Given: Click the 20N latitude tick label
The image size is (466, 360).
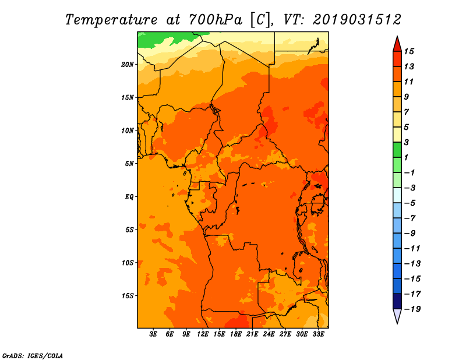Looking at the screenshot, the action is [x=128, y=65].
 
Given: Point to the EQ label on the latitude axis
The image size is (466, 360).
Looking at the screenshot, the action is [x=129, y=197].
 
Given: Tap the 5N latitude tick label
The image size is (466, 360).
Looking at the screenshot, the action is [x=129, y=164].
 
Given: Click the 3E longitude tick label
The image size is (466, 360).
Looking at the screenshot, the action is [x=153, y=334].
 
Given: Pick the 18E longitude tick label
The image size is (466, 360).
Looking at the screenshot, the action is [x=236, y=334].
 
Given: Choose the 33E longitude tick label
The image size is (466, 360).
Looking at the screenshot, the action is [x=318, y=334].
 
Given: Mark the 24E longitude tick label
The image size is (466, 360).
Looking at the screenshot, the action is [x=269, y=334].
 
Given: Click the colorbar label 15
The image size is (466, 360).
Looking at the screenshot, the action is [x=409, y=51].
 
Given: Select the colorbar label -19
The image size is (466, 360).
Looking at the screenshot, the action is [x=412, y=309].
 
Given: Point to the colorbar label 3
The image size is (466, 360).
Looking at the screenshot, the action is [x=407, y=142].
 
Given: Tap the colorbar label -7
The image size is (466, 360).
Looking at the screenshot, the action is [x=410, y=218].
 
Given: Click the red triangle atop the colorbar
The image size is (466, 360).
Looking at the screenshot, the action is [x=397, y=44].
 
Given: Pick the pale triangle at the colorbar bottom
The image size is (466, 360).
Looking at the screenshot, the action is [x=397, y=316].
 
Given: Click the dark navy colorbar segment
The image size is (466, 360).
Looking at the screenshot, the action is [x=397, y=301].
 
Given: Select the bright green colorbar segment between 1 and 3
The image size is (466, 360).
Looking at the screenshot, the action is [x=397, y=150].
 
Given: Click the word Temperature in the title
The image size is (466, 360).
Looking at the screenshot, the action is [x=111, y=20].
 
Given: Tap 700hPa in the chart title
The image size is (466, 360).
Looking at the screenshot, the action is [x=215, y=20].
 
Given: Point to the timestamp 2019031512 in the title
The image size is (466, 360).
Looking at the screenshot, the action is [x=357, y=20].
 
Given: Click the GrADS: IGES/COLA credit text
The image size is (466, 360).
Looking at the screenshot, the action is [x=33, y=356].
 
